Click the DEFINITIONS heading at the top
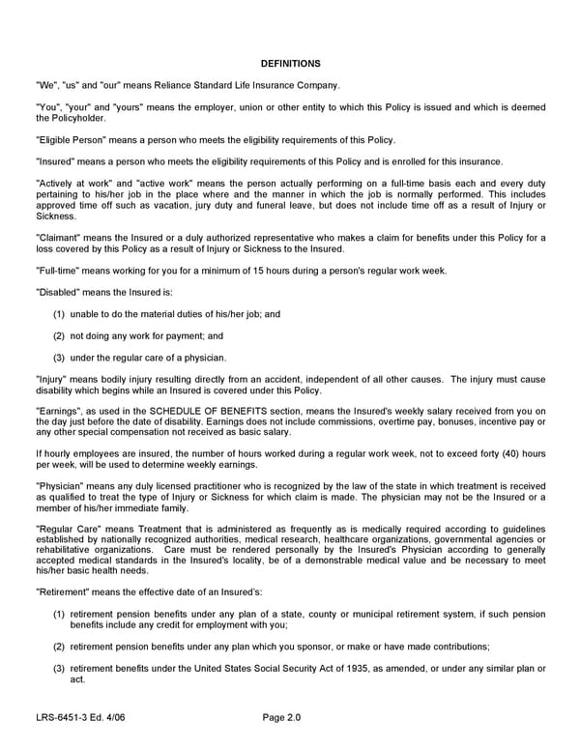pos(290,64)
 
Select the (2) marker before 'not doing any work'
pos(59,336)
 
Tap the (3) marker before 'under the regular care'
pos(59,359)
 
